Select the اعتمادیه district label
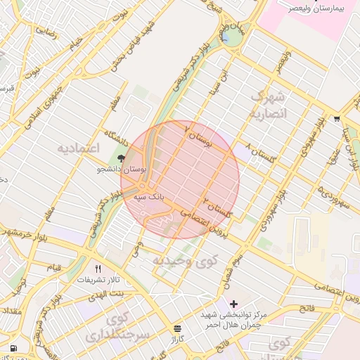[79, 148]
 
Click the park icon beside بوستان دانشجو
[122, 159]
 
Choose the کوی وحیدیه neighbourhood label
[186, 261]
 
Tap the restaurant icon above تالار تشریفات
[98, 269]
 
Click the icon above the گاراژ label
[176, 328]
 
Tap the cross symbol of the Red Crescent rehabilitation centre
[234, 303]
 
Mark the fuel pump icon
[13, 347]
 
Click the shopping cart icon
[337, 118]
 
